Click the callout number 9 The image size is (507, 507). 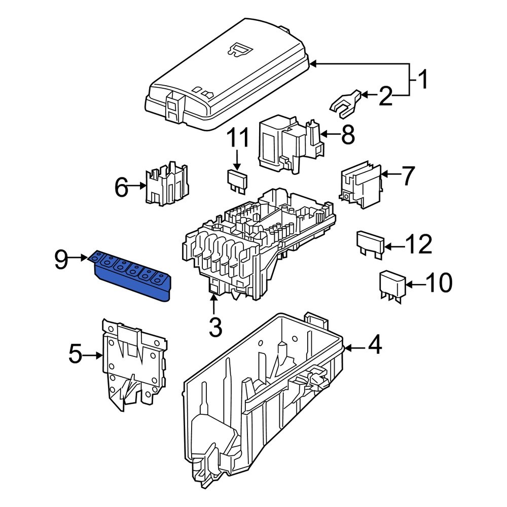(61, 261)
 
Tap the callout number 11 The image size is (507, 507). (238, 139)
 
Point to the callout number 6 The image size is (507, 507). (122, 188)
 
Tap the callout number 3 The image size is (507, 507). (215, 328)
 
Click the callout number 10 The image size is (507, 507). (439, 284)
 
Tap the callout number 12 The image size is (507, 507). (419, 245)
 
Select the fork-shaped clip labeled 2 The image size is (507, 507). (345, 101)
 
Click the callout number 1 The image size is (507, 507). (422, 80)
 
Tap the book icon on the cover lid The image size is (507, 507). (241, 49)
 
